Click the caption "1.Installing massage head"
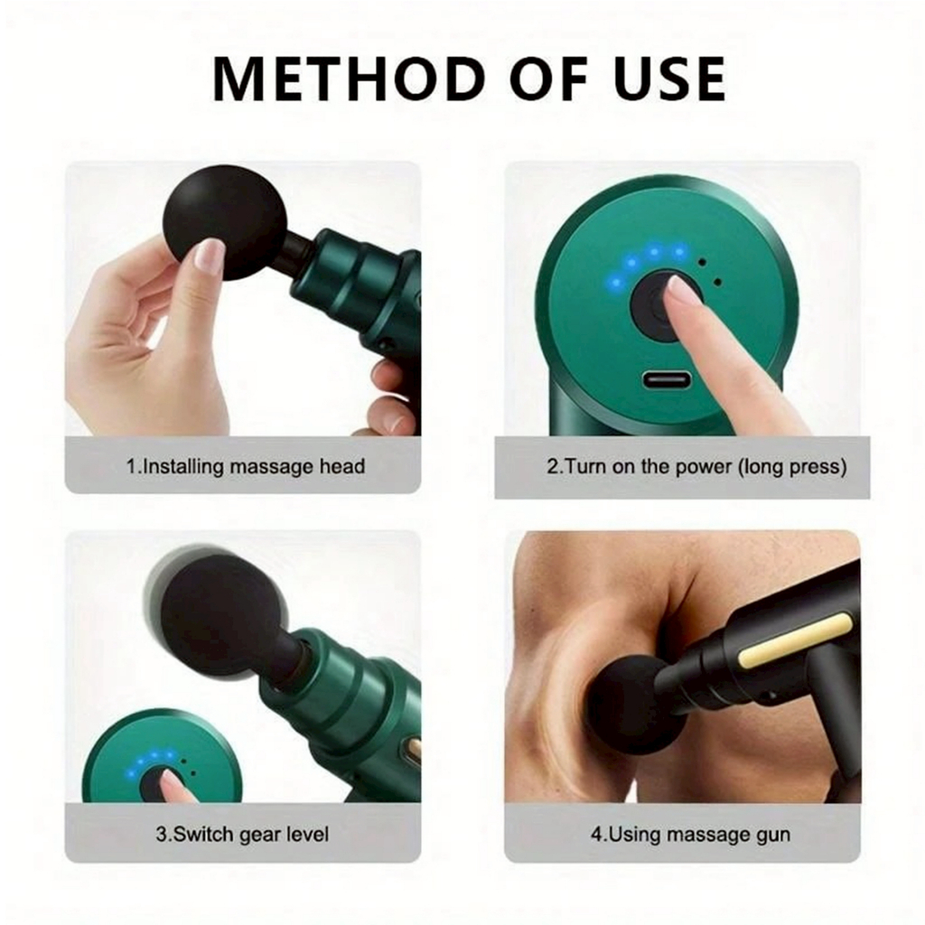(x=246, y=467)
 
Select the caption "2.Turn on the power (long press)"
(x=696, y=467)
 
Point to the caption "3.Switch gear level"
(x=242, y=835)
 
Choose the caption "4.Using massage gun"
(x=690, y=835)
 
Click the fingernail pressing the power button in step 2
(x=680, y=288)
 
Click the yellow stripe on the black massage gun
(x=796, y=640)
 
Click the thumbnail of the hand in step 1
(x=210, y=255)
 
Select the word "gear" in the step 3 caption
(x=253, y=836)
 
